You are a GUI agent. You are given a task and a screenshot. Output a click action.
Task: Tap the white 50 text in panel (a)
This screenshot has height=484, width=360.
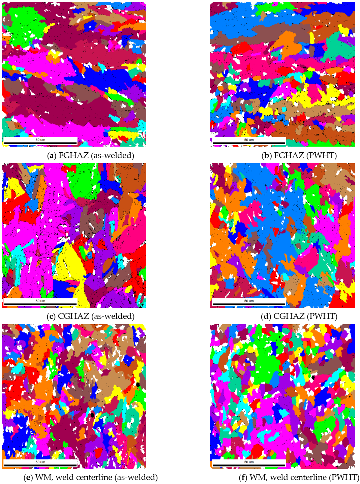(x=142, y=134)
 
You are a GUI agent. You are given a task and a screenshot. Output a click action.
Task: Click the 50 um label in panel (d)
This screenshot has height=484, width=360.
(x=249, y=301)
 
